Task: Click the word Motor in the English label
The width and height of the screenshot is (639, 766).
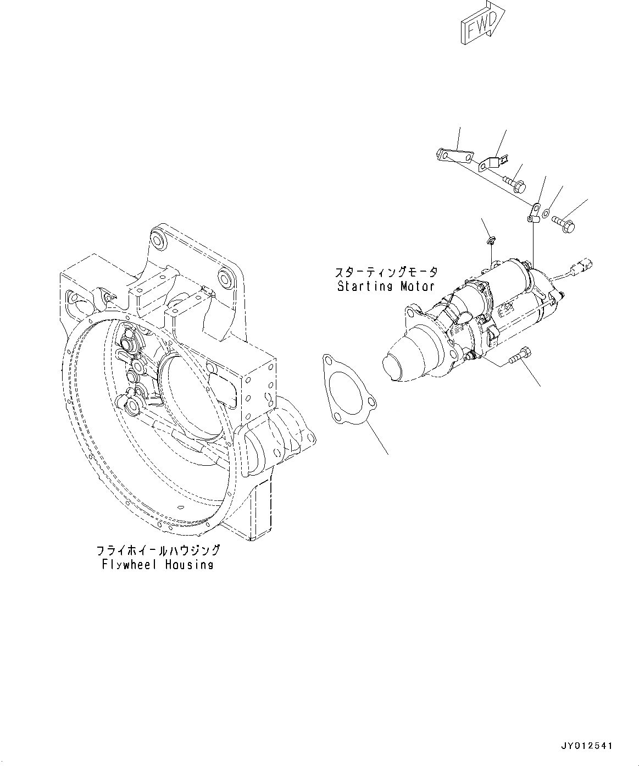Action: [416, 286]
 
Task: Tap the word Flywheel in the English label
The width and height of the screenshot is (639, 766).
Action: [129, 565]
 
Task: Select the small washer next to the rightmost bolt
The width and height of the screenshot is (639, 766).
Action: [546, 213]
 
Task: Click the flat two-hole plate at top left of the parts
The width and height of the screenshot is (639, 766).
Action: [455, 157]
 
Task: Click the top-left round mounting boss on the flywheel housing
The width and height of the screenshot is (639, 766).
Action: [157, 239]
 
